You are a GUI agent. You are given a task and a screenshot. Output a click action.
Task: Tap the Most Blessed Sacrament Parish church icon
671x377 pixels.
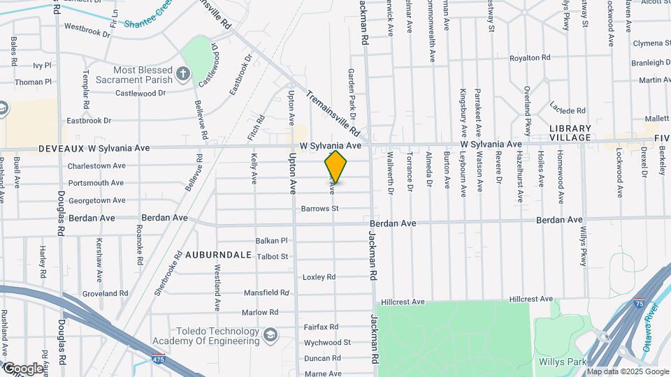[x=183, y=73]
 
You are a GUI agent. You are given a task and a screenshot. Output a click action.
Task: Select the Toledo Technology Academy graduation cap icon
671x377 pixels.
[x=269, y=337]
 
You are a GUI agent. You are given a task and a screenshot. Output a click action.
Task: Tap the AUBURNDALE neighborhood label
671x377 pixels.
[x=219, y=255]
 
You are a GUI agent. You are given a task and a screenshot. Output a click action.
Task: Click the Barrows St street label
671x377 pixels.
[x=319, y=209]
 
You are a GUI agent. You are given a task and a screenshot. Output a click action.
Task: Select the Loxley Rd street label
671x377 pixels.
[x=319, y=277]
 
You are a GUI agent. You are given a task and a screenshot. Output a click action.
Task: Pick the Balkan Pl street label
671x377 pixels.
[x=272, y=240]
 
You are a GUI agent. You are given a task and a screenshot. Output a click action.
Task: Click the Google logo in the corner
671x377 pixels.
[x=22, y=368]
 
